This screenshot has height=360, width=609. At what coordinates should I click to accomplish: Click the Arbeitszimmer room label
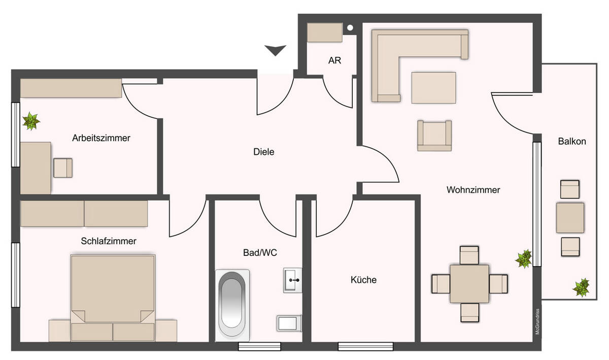click(x=101, y=138)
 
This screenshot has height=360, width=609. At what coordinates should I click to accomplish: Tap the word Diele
click(x=263, y=151)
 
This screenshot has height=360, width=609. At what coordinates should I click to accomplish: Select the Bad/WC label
click(x=259, y=252)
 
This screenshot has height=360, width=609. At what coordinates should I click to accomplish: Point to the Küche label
click(x=363, y=280)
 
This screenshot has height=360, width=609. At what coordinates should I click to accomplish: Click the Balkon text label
click(x=572, y=141)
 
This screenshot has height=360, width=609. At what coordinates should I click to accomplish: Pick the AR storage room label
click(x=334, y=60)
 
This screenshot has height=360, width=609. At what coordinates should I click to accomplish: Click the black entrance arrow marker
click(x=276, y=50)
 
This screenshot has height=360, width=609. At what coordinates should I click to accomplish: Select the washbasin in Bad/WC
click(x=292, y=280)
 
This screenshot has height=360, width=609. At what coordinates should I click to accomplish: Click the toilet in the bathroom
click(x=289, y=323)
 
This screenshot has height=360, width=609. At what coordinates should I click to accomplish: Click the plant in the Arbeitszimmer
click(x=31, y=121)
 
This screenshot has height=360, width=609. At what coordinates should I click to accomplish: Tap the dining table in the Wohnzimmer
click(x=469, y=283)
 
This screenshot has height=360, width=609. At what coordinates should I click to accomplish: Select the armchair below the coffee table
click(x=434, y=136)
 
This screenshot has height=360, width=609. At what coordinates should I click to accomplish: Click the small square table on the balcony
click(x=570, y=217)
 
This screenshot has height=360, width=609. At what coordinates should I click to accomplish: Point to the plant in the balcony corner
click(x=582, y=288)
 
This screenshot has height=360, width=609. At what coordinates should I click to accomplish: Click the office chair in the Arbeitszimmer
click(x=63, y=168)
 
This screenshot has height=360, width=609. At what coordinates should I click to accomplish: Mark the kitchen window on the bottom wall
click(x=365, y=347)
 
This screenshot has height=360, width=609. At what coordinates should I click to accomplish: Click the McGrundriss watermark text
click(x=536, y=322)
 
